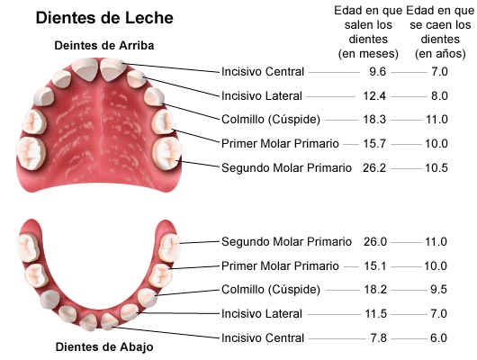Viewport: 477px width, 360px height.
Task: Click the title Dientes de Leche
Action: [x=104, y=18]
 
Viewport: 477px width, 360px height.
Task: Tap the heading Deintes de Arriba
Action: [x=104, y=46]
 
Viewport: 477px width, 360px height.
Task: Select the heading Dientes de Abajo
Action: [x=104, y=346]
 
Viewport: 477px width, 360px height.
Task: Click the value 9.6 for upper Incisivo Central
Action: [x=377, y=72]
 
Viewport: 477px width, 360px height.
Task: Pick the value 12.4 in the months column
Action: [x=374, y=96]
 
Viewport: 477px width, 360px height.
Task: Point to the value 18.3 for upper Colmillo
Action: [x=374, y=120]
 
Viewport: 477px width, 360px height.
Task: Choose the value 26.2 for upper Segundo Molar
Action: [x=374, y=167]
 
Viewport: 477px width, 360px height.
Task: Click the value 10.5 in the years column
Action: [x=436, y=167]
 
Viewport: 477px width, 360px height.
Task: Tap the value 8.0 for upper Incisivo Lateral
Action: [x=439, y=96]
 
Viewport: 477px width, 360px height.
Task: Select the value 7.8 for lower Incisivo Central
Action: [x=378, y=337]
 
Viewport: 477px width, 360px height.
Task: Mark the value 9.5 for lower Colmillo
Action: [x=438, y=289]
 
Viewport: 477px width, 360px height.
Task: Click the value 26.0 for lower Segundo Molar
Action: [x=375, y=241]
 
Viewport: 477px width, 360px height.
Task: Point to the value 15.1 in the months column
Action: [x=375, y=266]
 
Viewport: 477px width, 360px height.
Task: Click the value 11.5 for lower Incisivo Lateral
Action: [x=375, y=313]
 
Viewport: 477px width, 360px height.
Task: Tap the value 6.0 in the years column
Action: [x=438, y=337]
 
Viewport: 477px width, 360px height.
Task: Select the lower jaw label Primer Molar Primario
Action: [x=280, y=266]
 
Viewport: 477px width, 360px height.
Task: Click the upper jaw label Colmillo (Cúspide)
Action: [x=271, y=120]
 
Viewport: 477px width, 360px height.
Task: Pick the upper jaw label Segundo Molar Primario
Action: [x=286, y=167]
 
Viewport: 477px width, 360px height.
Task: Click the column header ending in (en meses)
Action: [x=368, y=32]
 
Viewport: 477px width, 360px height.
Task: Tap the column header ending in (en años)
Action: [x=440, y=32]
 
